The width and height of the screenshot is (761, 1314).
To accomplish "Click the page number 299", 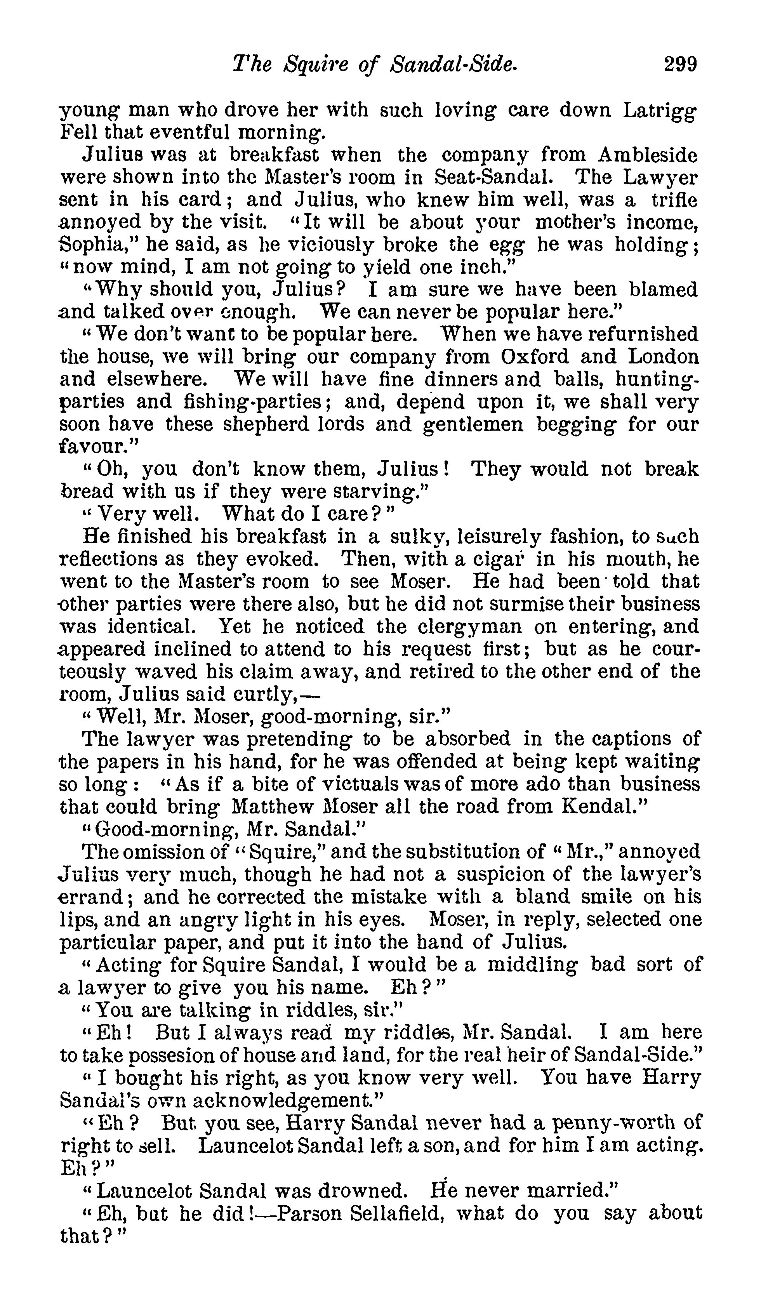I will (680, 64).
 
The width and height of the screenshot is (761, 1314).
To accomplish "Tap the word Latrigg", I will (660, 111).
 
